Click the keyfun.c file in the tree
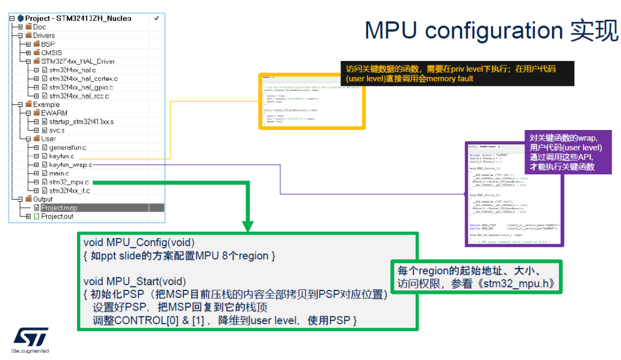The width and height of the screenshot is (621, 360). pos(62,156)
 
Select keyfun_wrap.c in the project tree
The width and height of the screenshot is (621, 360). pos(70,165)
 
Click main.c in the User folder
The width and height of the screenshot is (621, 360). pos(59,174)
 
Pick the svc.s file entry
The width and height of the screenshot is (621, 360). pos(56,131)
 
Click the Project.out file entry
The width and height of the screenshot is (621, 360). pos(57,216)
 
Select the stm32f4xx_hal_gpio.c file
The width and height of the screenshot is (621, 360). pos(81,87)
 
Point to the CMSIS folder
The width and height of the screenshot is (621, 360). pos(51,53)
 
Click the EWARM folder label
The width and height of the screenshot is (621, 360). pos(54,113)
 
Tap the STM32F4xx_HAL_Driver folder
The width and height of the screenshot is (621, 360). pos(78,62)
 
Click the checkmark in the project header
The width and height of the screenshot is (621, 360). pos(156,18)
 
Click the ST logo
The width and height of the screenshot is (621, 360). pos(31,336)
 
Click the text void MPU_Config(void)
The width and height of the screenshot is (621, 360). pos(139,243)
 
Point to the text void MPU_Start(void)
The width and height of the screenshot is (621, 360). pos(135,281)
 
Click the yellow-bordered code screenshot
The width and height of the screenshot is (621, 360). pos(312,101)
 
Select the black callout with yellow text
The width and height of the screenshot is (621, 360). pos(457,73)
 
